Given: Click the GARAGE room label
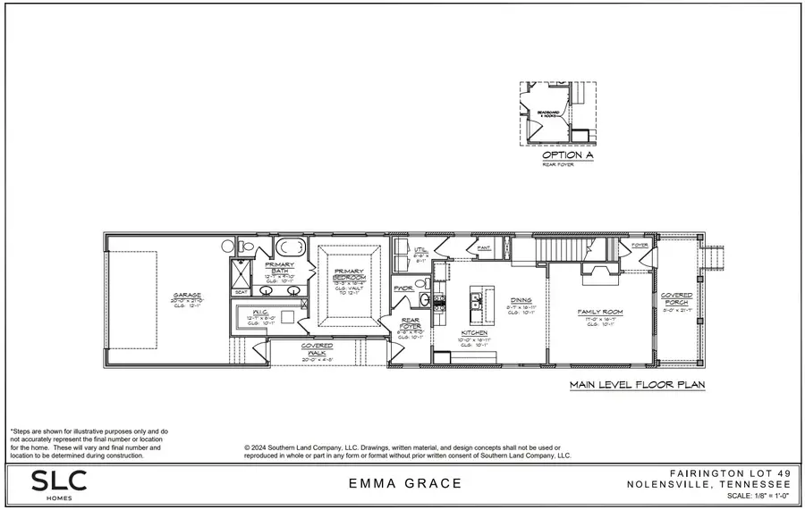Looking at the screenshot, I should [187, 296].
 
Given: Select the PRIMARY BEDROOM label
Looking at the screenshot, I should [352, 274].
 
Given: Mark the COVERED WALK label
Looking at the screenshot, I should [317, 348].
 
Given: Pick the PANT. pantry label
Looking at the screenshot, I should [483, 247].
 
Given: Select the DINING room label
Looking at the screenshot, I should [522, 300].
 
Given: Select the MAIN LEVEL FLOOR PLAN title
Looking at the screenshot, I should [637, 386].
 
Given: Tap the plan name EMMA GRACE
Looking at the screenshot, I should [406, 484].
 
